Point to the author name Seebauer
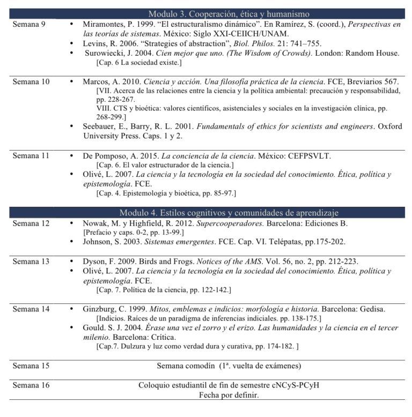click(x=101, y=126)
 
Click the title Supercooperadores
click(x=218, y=223)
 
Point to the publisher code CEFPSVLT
click(x=306, y=156)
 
